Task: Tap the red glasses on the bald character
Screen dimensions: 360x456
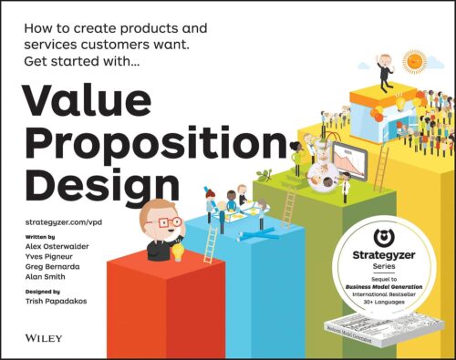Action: click(169, 222)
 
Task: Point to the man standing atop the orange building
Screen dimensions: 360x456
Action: click(389, 73)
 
